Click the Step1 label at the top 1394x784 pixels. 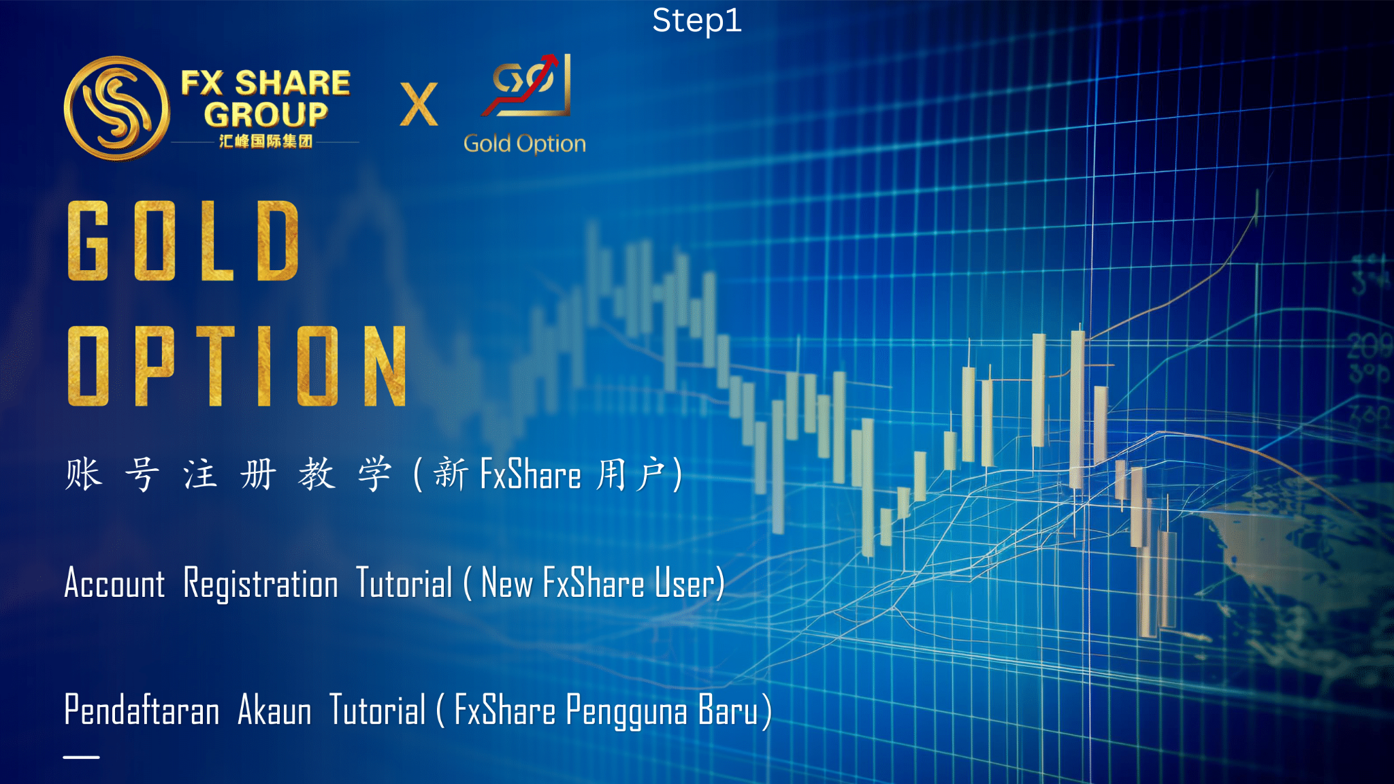(x=696, y=20)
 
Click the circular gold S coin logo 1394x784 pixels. (x=116, y=108)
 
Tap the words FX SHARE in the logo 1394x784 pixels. (x=265, y=83)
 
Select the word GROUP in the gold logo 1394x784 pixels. (x=266, y=114)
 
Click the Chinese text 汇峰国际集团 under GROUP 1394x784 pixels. (x=265, y=141)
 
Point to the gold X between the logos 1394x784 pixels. (x=419, y=104)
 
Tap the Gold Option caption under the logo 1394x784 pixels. (x=524, y=144)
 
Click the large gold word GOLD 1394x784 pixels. (x=184, y=241)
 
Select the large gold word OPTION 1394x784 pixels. (x=238, y=365)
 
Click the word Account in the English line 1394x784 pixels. (x=114, y=584)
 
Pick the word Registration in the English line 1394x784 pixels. (x=261, y=585)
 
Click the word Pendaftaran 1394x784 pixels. (x=142, y=710)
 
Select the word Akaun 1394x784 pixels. (x=274, y=710)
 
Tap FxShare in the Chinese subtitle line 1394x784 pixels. (x=530, y=474)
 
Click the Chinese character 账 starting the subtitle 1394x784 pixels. (x=84, y=474)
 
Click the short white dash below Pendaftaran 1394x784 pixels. (x=82, y=757)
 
